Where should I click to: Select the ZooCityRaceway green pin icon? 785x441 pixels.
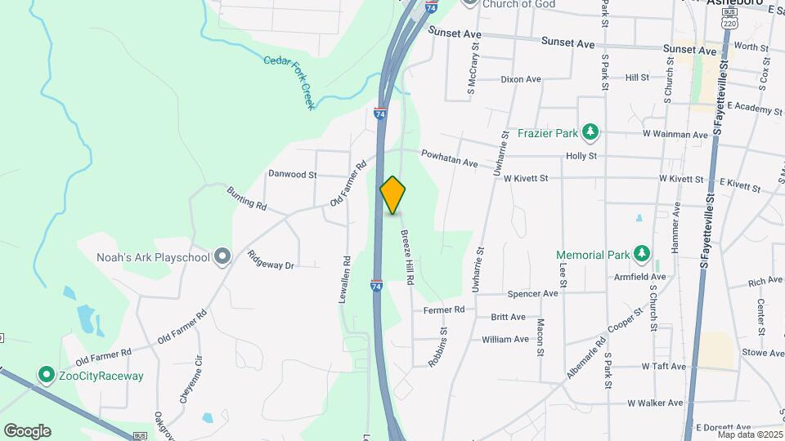47,376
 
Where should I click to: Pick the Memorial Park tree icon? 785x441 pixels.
642,255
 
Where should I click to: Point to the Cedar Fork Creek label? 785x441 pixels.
289,82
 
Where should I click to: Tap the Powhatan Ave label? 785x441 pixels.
449,158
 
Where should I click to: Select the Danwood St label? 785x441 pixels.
292,174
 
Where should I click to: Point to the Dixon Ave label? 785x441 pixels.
521,79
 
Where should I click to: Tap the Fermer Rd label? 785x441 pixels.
444,310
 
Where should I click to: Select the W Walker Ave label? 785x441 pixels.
655,403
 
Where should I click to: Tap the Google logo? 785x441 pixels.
27,431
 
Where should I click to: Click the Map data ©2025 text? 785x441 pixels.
749,434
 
